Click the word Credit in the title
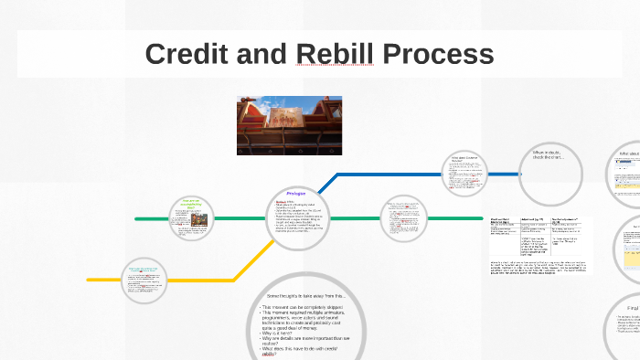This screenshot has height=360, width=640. point(186,54)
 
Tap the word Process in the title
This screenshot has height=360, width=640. point(441,54)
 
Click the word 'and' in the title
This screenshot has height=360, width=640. point(261,54)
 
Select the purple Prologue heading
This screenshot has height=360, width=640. point(296,194)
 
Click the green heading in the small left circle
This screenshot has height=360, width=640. point(192,203)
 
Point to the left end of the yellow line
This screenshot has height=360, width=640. point(90,279)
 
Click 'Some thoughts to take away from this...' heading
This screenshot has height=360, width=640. point(305,296)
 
